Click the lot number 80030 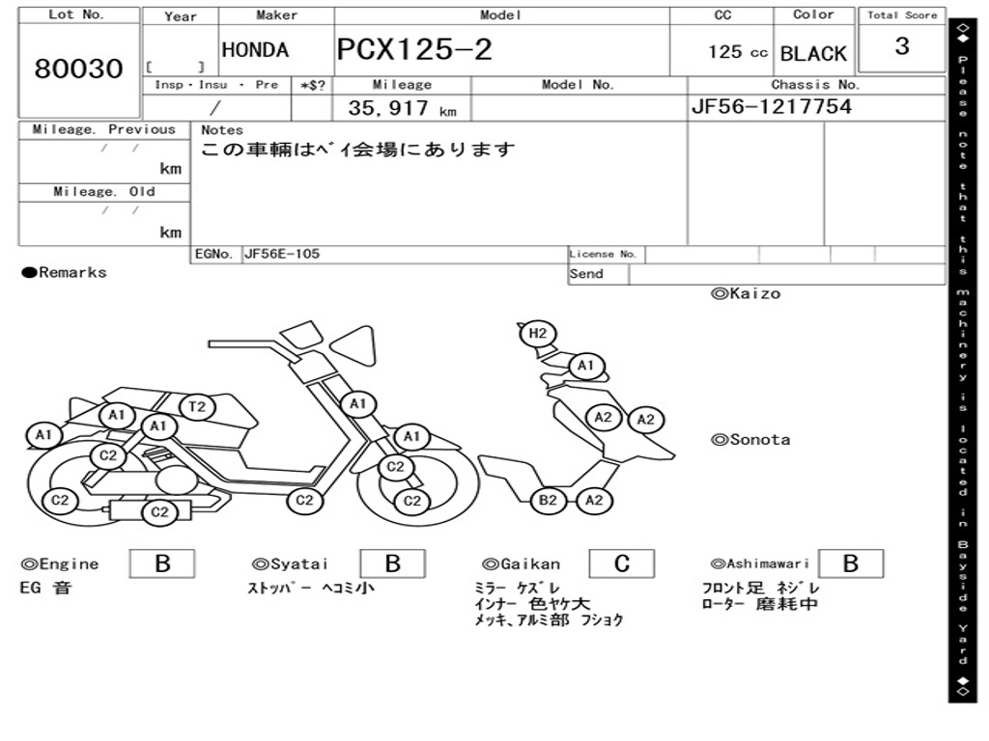(x=79, y=69)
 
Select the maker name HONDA (x=255, y=50)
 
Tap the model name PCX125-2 (x=414, y=50)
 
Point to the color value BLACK (x=812, y=54)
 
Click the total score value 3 (x=901, y=47)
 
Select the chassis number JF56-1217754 (x=771, y=107)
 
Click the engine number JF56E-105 (x=282, y=255)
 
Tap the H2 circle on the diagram (x=538, y=334)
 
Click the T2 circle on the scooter (x=197, y=406)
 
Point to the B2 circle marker (x=548, y=500)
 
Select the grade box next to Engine (x=161, y=563)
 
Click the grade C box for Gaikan (x=621, y=563)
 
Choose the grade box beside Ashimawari (x=850, y=563)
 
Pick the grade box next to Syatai (x=392, y=563)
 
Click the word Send (x=586, y=274)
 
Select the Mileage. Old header (x=104, y=192)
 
